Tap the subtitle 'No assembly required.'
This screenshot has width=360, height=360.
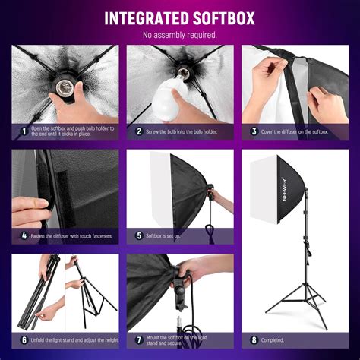coord(179,35)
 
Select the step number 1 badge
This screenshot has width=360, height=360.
coord(24,131)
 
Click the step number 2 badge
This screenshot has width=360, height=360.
coord(138,131)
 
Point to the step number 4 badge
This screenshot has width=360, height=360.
coord(24,235)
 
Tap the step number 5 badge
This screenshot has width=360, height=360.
coord(138,235)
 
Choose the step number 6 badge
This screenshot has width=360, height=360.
coord(24,339)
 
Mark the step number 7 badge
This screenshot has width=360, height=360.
coord(138,339)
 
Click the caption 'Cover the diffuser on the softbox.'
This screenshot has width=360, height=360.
coord(296,131)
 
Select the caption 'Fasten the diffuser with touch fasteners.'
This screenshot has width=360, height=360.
coord(73,235)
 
